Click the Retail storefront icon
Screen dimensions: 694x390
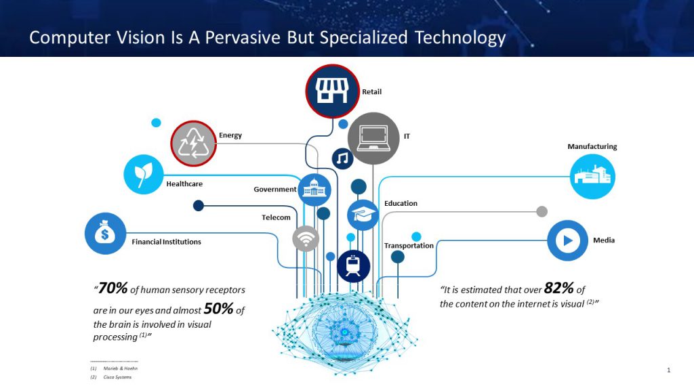(332, 91)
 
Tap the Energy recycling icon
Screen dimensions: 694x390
(193, 144)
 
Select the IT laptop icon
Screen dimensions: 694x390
(373, 138)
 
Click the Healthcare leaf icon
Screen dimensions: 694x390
(144, 174)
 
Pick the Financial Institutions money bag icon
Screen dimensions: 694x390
(105, 234)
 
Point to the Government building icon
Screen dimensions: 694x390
(314, 190)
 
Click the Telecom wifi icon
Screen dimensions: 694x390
(306, 238)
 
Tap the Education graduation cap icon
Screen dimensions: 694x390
(363, 215)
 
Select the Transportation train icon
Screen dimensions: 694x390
(353, 266)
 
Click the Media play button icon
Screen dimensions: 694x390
(567, 240)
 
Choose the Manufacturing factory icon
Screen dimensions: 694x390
(592, 177)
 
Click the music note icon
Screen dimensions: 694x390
(342, 158)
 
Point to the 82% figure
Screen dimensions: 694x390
(558, 288)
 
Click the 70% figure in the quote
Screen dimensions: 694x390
(113, 288)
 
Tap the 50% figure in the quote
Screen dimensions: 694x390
(219, 308)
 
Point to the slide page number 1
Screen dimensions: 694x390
(669, 370)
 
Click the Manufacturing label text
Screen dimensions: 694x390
(592, 146)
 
